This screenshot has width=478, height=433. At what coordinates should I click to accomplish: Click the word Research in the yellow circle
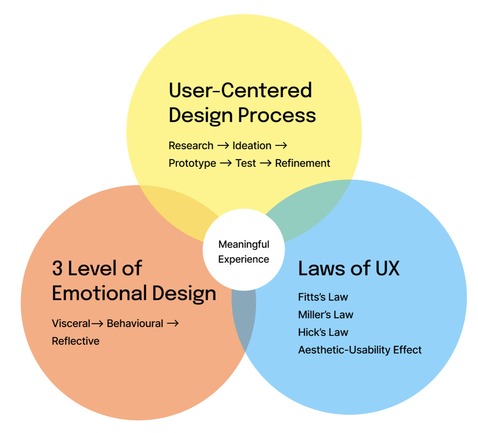point(191,146)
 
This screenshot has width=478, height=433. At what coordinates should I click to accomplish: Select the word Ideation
point(252,146)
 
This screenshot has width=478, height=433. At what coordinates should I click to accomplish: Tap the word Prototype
point(192,163)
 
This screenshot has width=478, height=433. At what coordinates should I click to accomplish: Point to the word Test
point(246,163)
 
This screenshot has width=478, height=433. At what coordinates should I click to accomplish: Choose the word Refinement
point(302,163)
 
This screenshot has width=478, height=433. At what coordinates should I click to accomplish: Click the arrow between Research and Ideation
point(223,146)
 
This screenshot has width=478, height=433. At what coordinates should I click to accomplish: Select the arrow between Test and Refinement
point(266,163)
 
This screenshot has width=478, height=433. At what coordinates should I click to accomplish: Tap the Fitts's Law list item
point(323,297)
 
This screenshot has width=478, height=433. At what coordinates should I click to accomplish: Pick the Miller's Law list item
point(326,315)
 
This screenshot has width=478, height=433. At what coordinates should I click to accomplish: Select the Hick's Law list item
point(323,332)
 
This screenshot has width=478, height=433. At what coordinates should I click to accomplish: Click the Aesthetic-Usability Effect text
point(360,350)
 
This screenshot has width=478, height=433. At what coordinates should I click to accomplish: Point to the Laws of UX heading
point(349,268)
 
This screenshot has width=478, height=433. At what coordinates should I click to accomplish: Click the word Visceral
point(71,323)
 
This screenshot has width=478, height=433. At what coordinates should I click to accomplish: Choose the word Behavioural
point(135,323)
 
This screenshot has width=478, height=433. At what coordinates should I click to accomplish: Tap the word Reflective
point(76,341)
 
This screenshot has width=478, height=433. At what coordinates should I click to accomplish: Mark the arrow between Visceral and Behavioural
point(97,323)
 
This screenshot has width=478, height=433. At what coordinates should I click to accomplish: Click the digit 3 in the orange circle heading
point(57,268)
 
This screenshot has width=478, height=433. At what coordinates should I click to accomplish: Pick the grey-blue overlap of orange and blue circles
point(243,320)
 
